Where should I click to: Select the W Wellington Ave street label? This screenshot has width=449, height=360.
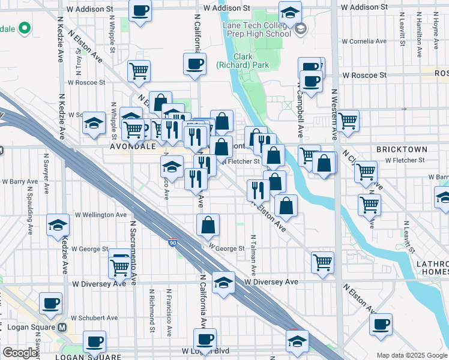pos(100,215)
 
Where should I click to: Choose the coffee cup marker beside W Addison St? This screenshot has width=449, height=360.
pos(140,10)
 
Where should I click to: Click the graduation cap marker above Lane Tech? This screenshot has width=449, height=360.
pos(290,12)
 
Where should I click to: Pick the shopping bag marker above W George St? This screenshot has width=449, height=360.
pos(208,226)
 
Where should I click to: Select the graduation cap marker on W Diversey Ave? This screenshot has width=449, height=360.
pos(223,281)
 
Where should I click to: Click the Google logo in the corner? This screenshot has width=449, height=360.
pos(20,353)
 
